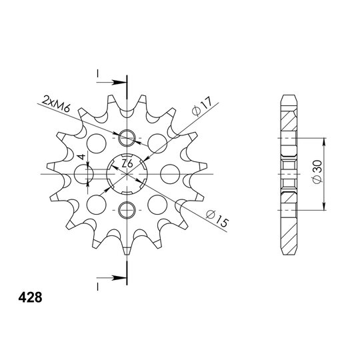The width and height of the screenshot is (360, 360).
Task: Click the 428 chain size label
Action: pyautogui.click(x=30, y=297)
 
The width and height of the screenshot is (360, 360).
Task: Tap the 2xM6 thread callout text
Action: pyautogui.click(x=56, y=105)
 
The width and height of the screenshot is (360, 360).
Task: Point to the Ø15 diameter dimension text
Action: pyautogui.click(x=217, y=219)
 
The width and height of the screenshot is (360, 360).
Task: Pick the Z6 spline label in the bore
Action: pyautogui.click(x=127, y=163)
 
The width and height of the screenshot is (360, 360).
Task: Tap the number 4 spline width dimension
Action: pyautogui.click(x=81, y=157)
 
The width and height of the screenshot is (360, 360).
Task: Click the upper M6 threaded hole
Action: pyautogui.click(x=127, y=138)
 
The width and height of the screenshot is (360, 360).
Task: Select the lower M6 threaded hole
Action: pyautogui.click(x=127, y=210)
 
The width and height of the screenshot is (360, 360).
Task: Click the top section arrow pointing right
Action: pyautogui.click(x=111, y=82)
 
